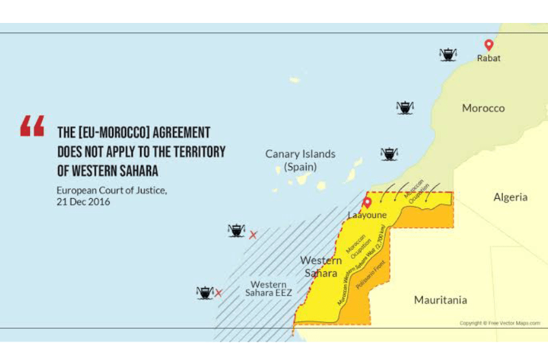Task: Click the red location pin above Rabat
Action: [x=489, y=45]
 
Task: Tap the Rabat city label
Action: [x=489, y=58]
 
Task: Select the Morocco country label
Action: [x=483, y=108]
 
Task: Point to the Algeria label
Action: [x=510, y=197]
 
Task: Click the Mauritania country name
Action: [x=440, y=299]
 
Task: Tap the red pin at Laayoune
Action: [x=366, y=203]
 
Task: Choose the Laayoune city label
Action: [x=367, y=215]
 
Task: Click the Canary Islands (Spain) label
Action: [x=300, y=160]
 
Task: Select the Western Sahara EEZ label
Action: [x=268, y=289]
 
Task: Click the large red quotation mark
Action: [x=32, y=126]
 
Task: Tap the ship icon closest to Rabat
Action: [x=448, y=55]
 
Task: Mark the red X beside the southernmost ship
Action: [x=219, y=293]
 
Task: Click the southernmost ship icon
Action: [x=204, y=292]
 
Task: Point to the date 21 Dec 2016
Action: [x=83, y=202]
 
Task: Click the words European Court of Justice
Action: [x=112, y=190]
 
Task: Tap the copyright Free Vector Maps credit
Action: [x=500, y=323]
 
